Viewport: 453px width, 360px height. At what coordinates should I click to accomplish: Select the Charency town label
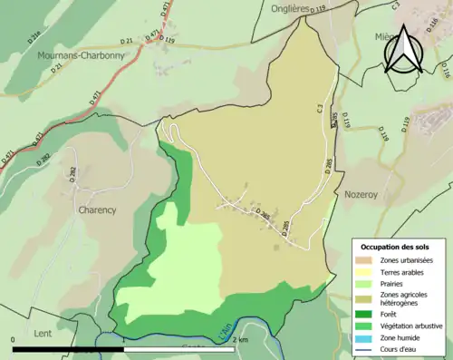click(97, 209)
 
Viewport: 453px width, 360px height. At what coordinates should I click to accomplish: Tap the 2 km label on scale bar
click(240, 340)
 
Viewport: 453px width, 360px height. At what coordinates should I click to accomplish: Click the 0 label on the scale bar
click(14, 340)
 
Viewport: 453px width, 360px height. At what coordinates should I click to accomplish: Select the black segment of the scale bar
click(69, 349)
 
